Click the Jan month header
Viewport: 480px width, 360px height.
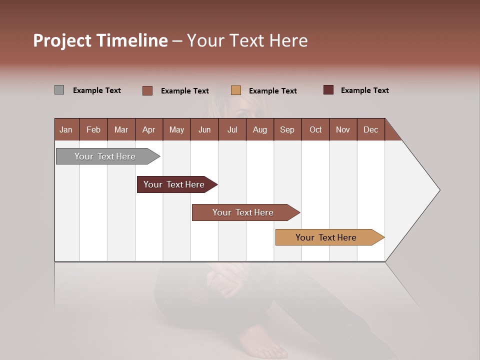point(66,129)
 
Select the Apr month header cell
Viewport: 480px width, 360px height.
point(149,129)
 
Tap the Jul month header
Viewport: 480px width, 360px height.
point(232,129)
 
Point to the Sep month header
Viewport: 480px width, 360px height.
point(287,129)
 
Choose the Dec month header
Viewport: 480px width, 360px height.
point(370,129)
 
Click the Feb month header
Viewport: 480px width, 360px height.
point(93,129)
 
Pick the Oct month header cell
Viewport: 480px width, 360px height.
point(315,129)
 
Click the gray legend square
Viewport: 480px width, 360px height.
point(59,90)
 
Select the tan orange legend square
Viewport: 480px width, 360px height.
point(236,90)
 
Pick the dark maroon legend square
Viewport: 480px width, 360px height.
point(328,90)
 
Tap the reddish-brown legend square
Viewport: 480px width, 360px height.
point(147,90)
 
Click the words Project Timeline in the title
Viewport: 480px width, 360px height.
point(100,40)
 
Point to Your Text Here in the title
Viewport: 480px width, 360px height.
point(247,40)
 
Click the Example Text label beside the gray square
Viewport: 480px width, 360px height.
point(97,90)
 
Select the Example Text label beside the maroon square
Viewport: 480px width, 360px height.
point(365,90)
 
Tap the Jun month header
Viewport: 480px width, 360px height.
point(204,129)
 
